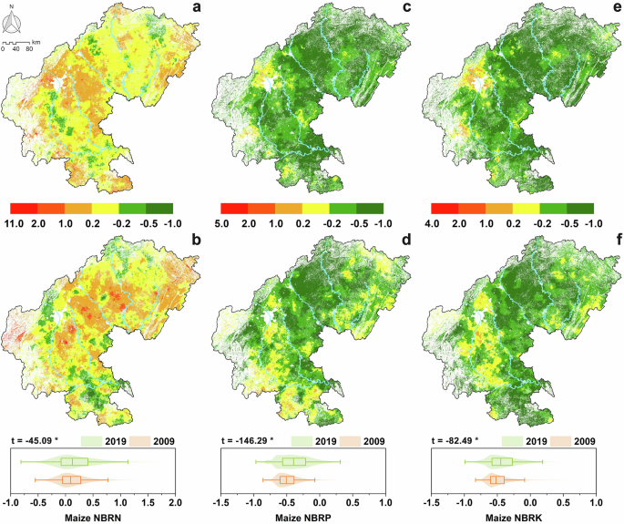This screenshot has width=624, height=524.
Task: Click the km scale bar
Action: (21, 43)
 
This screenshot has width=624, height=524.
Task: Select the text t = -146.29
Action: (246, 441)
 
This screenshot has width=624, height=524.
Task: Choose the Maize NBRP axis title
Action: (306, 517)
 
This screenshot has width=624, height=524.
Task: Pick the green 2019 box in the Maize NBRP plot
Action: (293, 462)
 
